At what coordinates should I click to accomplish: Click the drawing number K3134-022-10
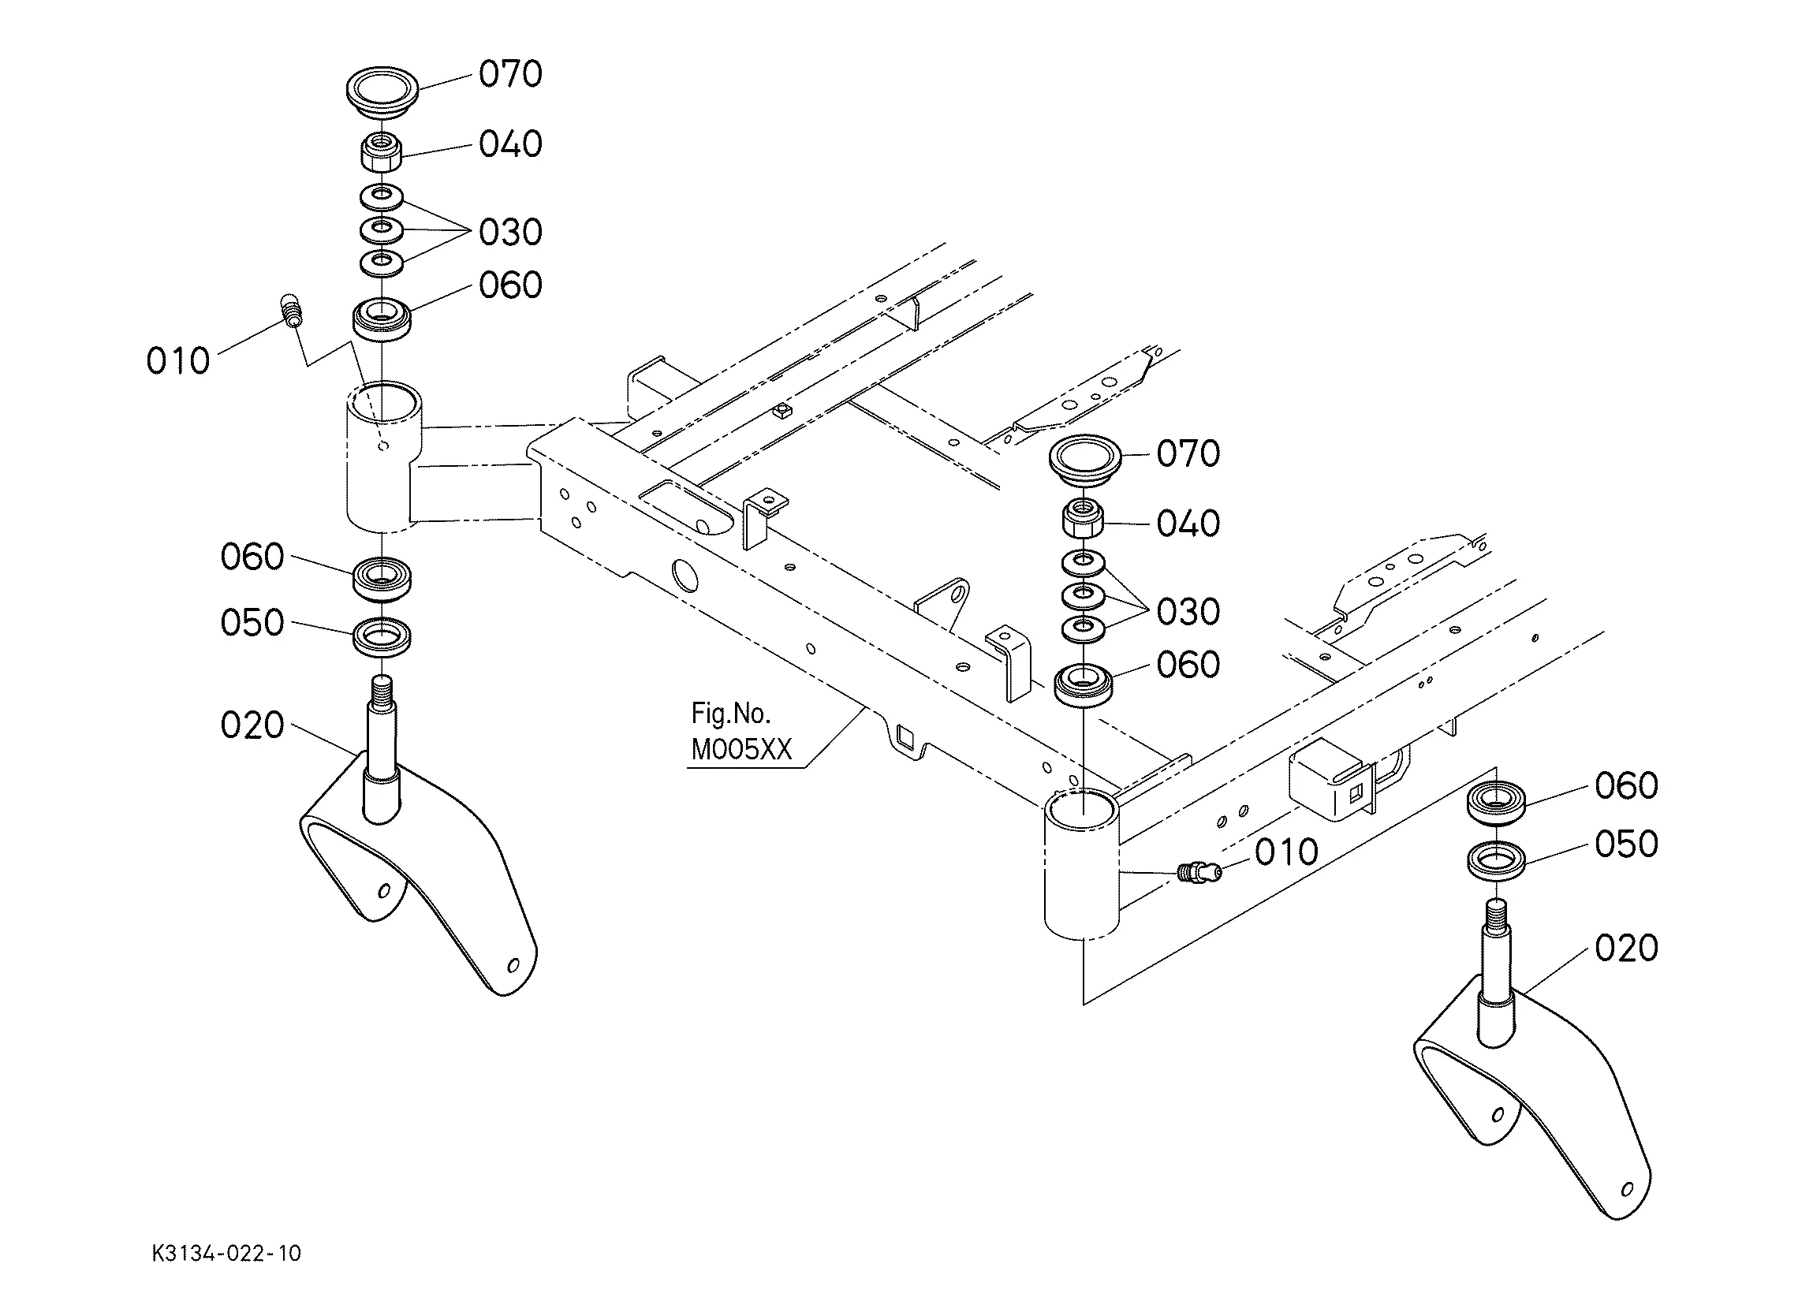(x=226, y=1253)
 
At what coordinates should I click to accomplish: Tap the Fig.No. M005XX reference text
(x=740, y=732)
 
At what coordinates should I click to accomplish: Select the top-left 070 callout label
(x=510, y=73)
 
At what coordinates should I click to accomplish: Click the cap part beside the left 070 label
(x=382, y=91)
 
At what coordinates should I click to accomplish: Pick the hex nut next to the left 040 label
(x=382, y=152)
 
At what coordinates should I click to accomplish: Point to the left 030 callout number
(x=510, y=233)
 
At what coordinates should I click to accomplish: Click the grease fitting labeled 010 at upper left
(x=292, y=310)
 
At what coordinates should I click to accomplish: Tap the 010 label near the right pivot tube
(x=1286, y=852)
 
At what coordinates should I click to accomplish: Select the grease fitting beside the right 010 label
(x=1199, y=871)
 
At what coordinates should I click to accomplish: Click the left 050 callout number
(x=252, y=623)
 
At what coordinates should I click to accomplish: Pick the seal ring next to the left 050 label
(x=382, y=637)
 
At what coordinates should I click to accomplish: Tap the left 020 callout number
(x=252, y=726)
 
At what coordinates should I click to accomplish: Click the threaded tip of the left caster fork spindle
(x=382, y=686)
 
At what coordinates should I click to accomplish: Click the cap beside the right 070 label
(x=1085, y=459)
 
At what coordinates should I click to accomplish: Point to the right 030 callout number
(x=1188, y=613)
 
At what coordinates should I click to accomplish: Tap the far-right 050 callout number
(x=1626, y=844)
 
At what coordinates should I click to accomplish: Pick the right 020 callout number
(x=1626, y=949)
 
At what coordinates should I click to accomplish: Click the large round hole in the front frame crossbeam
(x=685, y=574)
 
